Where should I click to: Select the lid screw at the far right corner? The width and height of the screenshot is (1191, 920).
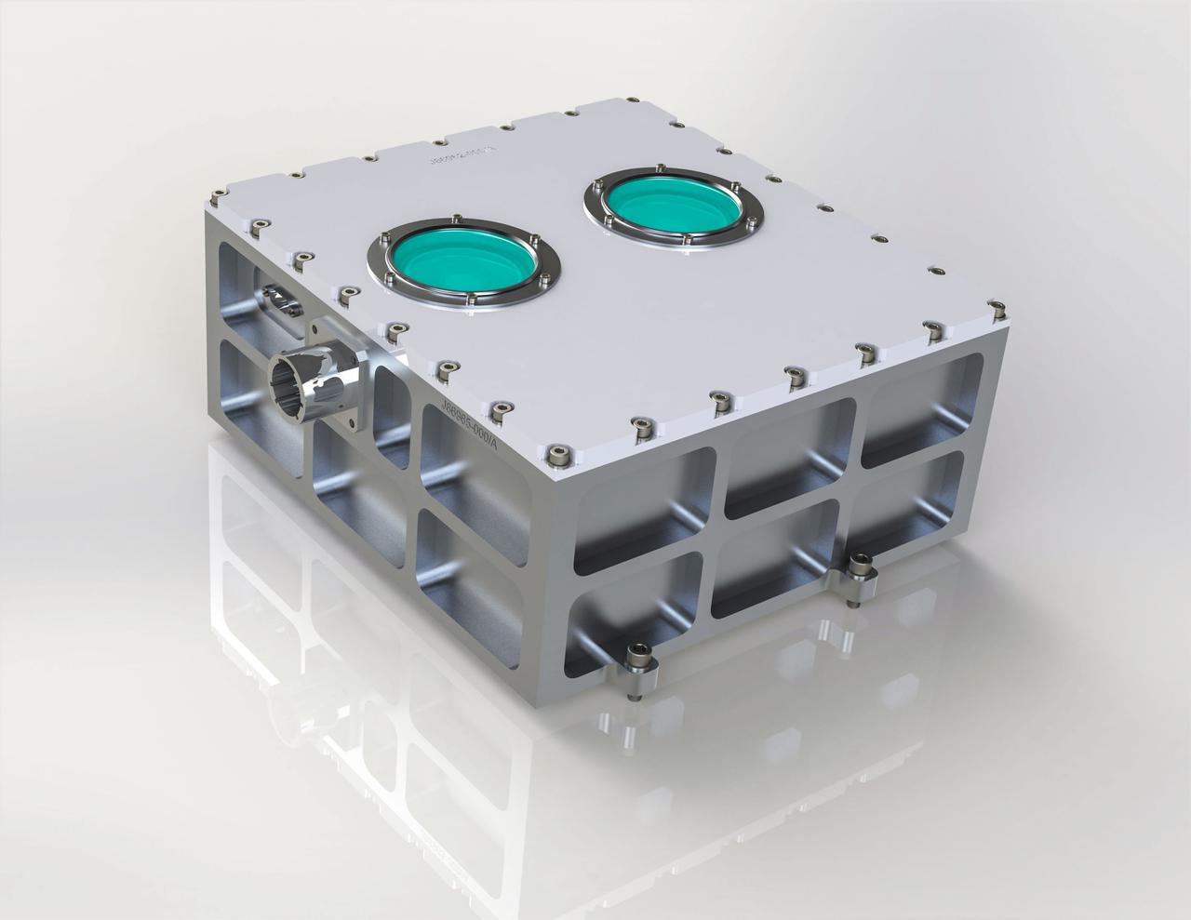pos(996,307)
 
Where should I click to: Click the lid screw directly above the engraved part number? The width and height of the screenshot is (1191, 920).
pos(500,408)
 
